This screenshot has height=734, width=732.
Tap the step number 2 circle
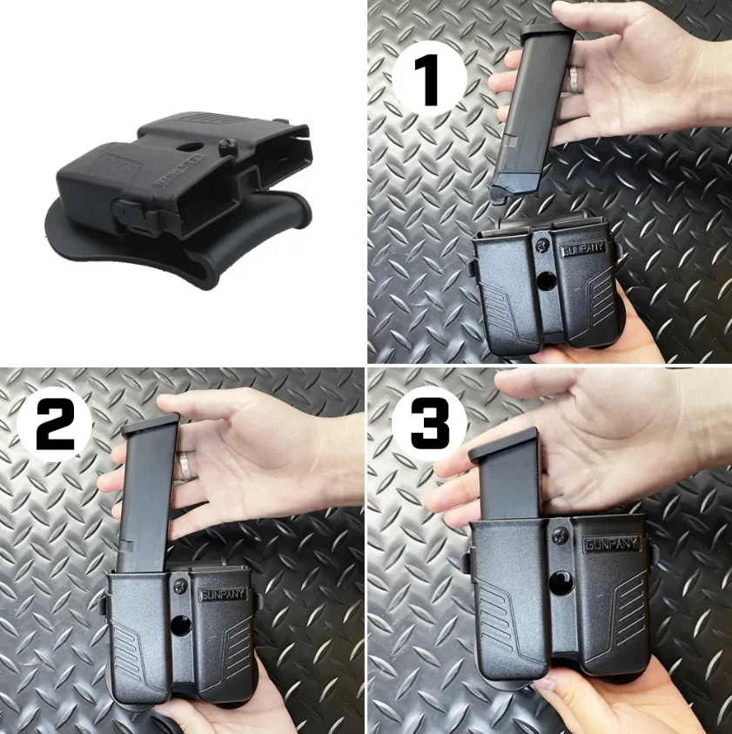coord(55,424)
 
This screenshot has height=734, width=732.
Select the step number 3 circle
coord(429,424)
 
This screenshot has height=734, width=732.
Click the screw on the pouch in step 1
coord(542,244)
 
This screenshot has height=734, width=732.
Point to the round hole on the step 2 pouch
coord(183,624)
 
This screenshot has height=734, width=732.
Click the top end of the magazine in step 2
coord(151,427)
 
